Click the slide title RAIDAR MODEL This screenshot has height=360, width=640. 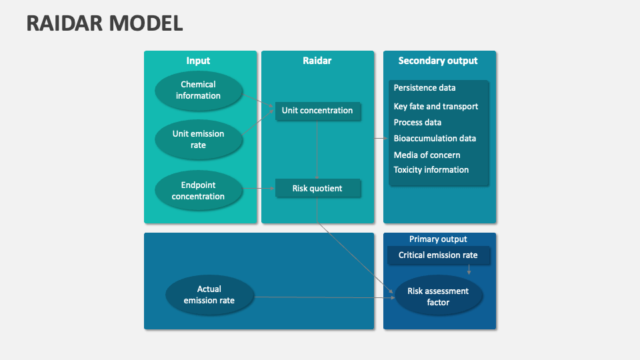coord(105,23)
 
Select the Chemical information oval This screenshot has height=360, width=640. coord(198,90)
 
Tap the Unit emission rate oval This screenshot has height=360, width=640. coord(198,139)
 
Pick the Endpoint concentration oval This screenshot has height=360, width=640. coord(198,191)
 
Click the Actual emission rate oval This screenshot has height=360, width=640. coord(209,295)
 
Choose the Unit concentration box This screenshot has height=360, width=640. coord(317,111)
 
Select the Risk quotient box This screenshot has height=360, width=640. coord(317,189)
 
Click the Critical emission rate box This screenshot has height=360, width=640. coord(438,255)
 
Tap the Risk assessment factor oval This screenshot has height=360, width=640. coord(438,297)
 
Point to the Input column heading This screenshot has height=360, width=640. coord(198,61)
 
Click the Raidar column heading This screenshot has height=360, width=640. coord(317,61)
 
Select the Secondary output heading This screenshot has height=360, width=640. coord(438,61)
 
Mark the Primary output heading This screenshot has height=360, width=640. coord(438,239)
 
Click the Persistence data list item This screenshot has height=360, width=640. coord(425,88)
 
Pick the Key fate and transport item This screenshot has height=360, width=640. coord(436,107)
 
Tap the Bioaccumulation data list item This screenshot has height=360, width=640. coord(435,139)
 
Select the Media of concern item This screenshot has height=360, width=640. coord(427,155)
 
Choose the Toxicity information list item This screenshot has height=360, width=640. coord(431,170)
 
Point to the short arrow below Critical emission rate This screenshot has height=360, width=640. coord(469,269)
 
